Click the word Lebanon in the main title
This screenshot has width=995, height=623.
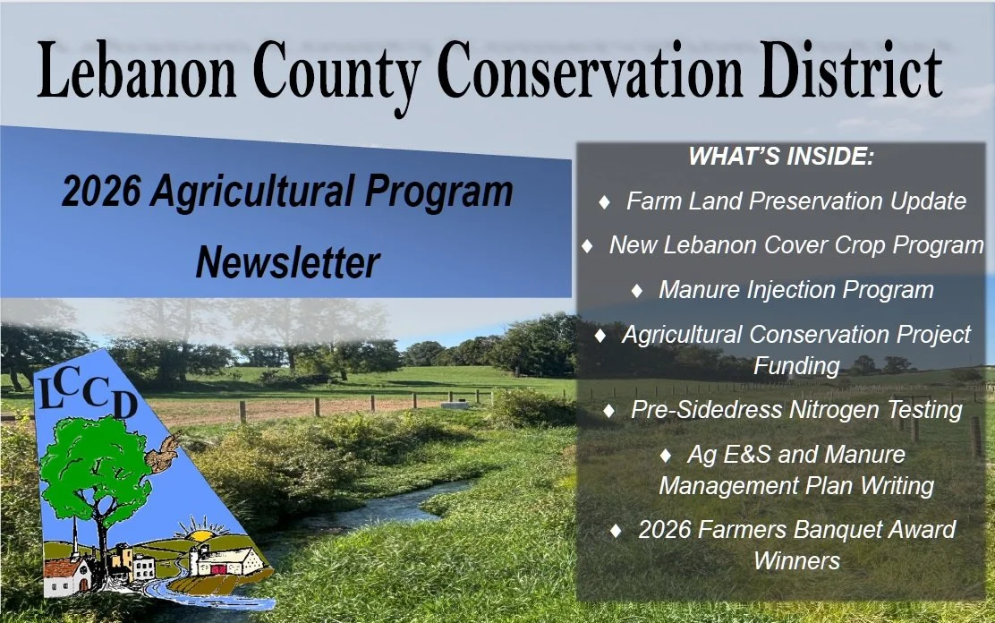pyautogui.click(x=137, y=71)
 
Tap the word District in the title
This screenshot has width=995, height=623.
pyautogui.click(x=850, y=70)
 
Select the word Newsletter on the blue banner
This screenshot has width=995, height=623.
pyautogui.click(x=287, y=261)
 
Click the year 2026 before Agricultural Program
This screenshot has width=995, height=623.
pyautogui.click(x=101, y=191)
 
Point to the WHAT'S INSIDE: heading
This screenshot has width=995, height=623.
pyautogui.click(x=781, y=157)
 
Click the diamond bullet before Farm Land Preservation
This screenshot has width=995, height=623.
pyautogui.click(x=604, y=202)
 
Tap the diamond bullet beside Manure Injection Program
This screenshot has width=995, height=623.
pyautogui.click(x=637, y=291)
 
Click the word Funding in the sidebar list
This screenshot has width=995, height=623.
pyautogui.click(x=796, y=366)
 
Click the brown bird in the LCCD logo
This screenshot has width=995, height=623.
pyautogui.click(x=163, y=454)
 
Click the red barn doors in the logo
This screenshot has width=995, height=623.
pyautogui.click(x=218, y=569)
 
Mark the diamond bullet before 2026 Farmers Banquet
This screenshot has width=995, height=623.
pyautogui.click(x=616, y=531)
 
